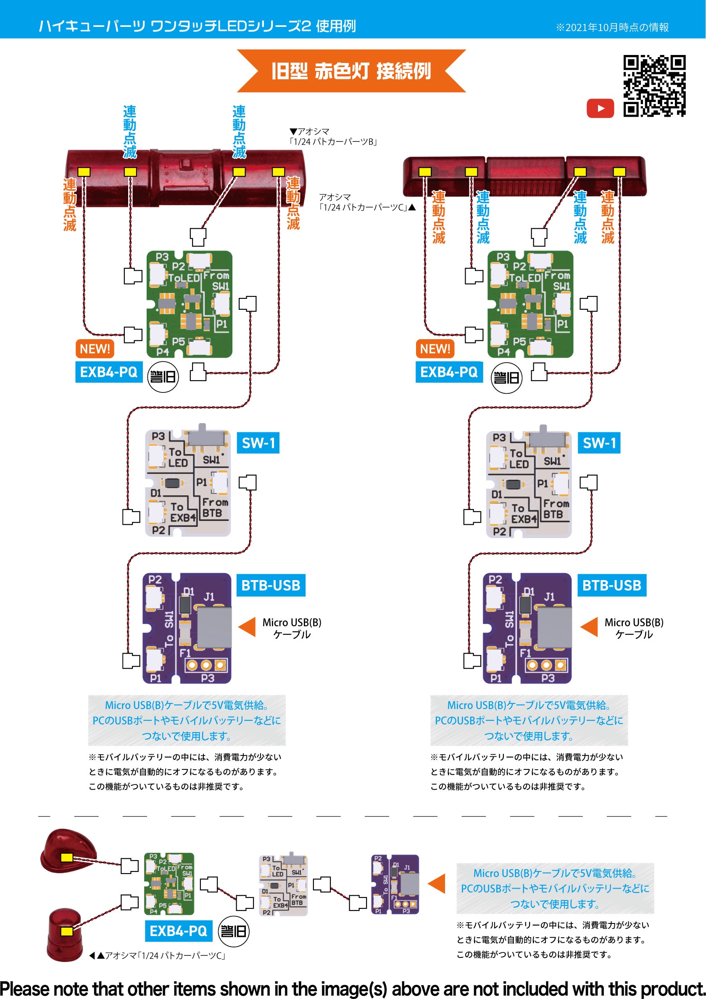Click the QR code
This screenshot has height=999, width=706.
(x=654, y=86)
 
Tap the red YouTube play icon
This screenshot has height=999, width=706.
(x=600, y=108)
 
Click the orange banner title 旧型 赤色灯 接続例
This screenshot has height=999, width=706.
(x=351, y=71)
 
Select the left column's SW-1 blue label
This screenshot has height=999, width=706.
(x=258, y=443)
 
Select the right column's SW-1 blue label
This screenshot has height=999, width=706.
(x=599, y=443)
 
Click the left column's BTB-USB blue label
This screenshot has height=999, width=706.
(x=271, y=585)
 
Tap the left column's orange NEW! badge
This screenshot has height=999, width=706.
(x=95, y=348)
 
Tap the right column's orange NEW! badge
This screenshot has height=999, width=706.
(x=435, y=348)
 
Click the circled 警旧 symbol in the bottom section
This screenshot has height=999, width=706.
(x=234, y=931)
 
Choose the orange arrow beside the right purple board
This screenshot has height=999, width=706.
(x=589, y=627)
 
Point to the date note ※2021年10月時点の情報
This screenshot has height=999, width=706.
(x=612, y=27)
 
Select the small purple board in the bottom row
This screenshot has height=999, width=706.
(x=395, y=884)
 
